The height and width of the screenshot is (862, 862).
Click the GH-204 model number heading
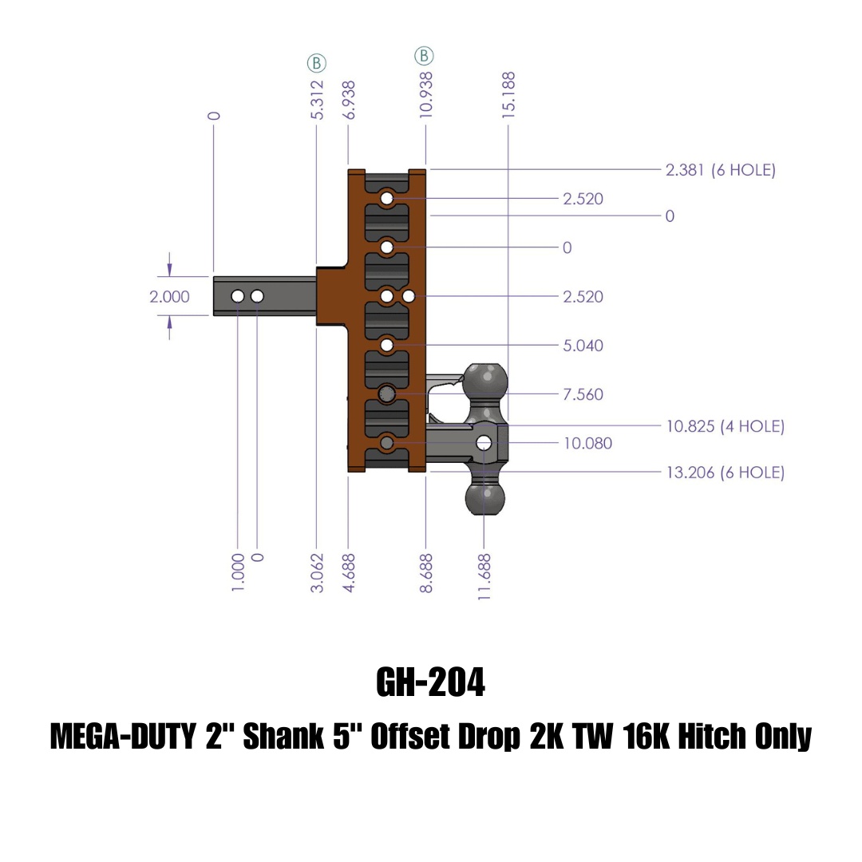(x=430, y=682)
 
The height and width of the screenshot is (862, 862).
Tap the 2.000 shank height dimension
(x=170, y=297)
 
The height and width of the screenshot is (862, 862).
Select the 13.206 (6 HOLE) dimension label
(x=725, y=473)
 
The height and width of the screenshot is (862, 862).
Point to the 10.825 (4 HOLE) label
(x=725, y=426)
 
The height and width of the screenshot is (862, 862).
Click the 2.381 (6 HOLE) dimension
(x=720, y=170)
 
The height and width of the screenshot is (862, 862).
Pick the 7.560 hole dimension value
(x=583, y=394)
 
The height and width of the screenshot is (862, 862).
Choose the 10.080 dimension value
(x=587, y=443)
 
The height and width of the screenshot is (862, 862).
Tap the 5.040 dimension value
(x=583, y=346)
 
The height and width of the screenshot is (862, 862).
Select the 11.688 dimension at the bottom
(x=484, y=572)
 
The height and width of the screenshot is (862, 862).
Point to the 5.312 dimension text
(x=317, y=100)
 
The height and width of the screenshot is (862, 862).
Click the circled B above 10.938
(x=424, y=56)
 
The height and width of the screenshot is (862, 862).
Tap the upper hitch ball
(x=485, y=382)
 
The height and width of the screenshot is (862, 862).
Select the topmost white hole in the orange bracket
(x=387, y=198)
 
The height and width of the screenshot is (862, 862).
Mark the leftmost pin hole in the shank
(x=238, y=296)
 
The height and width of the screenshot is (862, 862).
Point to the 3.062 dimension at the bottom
(x=317, y=572)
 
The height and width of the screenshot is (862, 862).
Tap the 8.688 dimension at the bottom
(x=427, y=572)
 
